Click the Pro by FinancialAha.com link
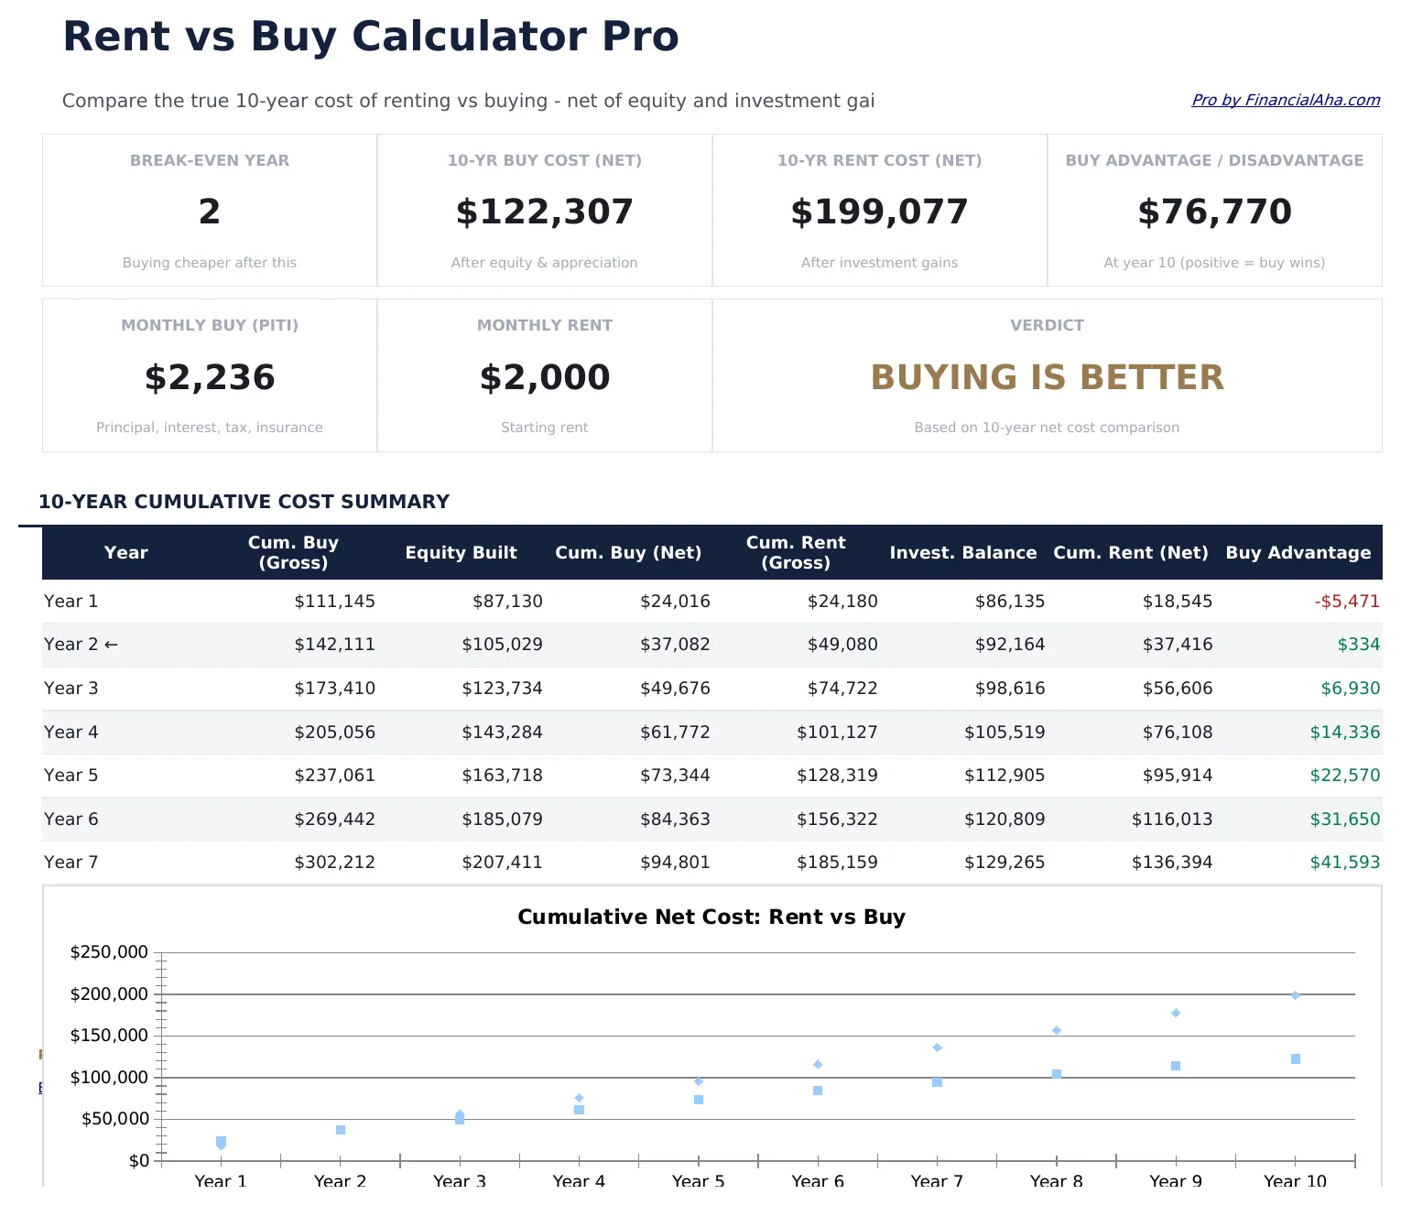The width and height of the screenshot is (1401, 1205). click(x=1285, y=100)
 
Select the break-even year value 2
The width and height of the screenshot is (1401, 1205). click(x=210, y=212)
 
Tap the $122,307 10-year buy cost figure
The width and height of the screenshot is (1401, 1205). click(x=544, y=212)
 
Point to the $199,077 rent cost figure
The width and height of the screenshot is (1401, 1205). click(x=879, y=212)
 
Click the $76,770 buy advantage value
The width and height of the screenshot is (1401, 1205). click(x=1214, y=212)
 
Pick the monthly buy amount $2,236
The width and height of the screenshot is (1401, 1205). click(x=210, y=377)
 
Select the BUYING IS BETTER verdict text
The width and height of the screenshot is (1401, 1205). click(x=1047, y=377)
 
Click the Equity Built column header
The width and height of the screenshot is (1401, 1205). click(x=461, y=552)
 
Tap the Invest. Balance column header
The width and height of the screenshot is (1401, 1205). click(x=962, y=552)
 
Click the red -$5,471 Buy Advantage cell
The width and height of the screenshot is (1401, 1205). click(x=1346, y=602)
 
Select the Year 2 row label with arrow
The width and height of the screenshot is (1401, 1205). click(x=81, y=645)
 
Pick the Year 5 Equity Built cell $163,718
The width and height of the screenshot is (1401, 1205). click(x=502, y=776)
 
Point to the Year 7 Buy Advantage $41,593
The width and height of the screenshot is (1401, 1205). click(x=1344, y=863)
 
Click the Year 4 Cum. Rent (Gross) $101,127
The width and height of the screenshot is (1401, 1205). click(x=837, y=733)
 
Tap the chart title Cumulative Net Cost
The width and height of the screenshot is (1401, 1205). click(x=711, y=917)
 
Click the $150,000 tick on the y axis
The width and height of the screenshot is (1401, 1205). click(x=109, y=1036)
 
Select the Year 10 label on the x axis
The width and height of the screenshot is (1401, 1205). click(x=1294, y=1180)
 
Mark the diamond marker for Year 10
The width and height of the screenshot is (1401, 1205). click(x=1296, y=995)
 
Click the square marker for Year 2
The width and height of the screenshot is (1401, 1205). click(x=341, y=1130)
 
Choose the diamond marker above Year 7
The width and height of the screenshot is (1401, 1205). click(x=937, y=1048)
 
